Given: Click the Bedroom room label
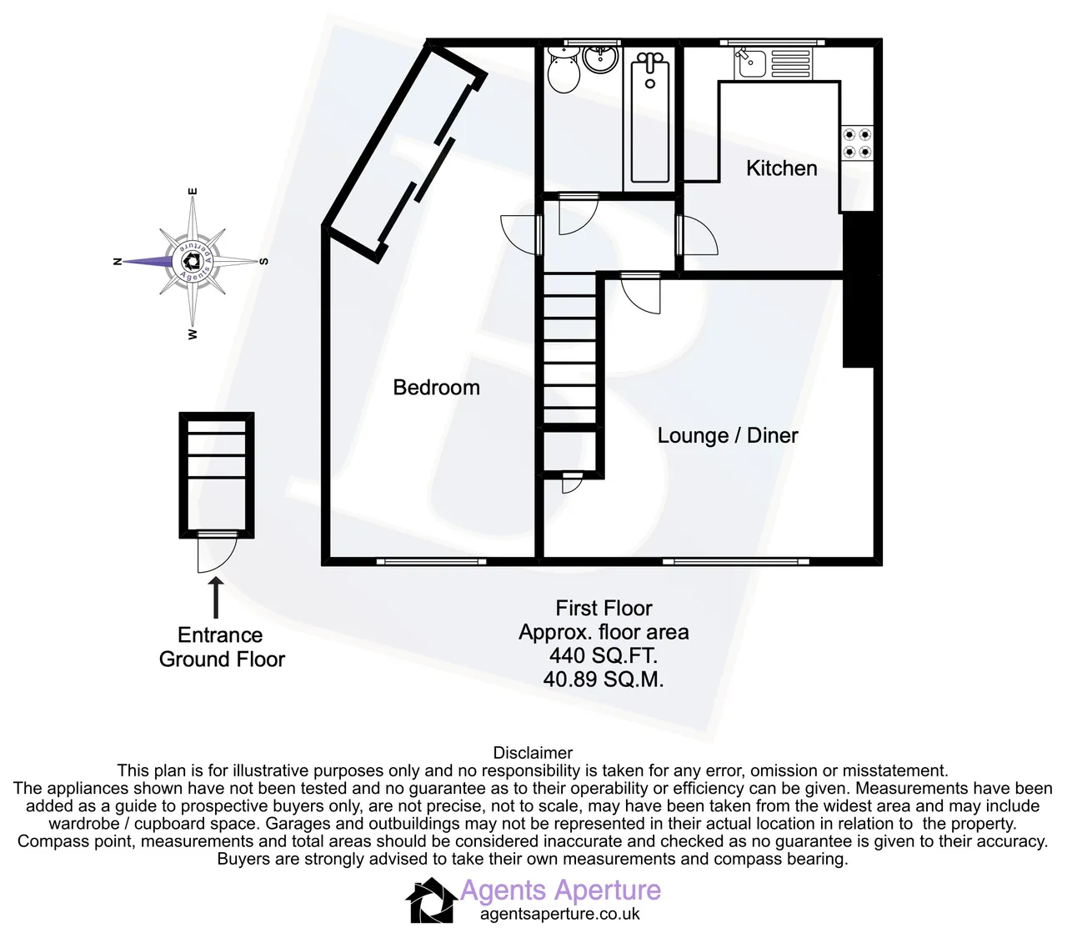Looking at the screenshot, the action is [x=436, y=388].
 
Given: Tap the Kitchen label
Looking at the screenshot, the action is [x=782, y=168].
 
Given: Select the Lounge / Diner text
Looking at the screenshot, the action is [x=728, y=435].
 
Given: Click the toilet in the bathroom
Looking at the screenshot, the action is [x=564, y=71].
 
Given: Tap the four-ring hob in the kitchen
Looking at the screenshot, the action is [x=857, y=143].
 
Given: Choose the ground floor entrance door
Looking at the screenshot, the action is [x=217, y=552].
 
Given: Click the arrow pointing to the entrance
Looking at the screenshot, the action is [x=215, y=597].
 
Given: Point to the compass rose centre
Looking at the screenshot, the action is [x=193, y=261].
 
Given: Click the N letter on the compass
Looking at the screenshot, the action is [x=118, y=261].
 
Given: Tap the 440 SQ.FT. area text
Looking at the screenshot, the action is [x=603, y=655].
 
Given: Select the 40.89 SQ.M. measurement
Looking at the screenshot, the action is [x=603, y=680].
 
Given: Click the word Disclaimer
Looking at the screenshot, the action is [x=533, y=753].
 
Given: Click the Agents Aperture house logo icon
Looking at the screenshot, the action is [x=431, y=900].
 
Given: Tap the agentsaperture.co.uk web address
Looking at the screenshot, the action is [x=559, y=914].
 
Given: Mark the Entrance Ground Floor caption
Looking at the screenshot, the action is [x=221, y=647].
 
